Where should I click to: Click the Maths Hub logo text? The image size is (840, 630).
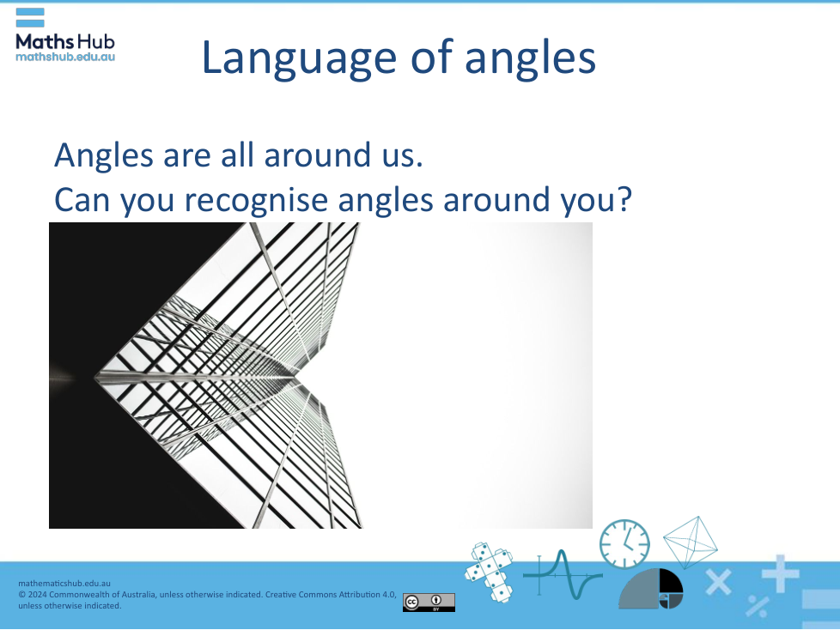[x=64, y=41]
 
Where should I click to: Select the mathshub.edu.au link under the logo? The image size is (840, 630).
[x=64, y=57]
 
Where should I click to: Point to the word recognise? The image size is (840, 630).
[x=255, y=200]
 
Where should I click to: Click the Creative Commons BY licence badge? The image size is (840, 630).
[x=429, y=603]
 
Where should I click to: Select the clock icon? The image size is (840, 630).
[x=624, y=543]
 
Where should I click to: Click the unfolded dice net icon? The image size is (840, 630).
[x=489, y=572]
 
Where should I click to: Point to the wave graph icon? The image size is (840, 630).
[x=563, y=575]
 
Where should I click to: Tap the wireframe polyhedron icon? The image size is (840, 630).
[x=690, y=542]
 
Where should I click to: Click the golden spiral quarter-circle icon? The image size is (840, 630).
[x=651, y=589]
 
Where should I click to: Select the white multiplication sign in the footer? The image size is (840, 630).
[x=718, y=582]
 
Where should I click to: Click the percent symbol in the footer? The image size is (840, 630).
[x=758, y=606]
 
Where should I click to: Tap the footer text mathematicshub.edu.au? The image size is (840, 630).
[x=64, y=584]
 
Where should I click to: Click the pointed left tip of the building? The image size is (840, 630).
[x=94, y=378]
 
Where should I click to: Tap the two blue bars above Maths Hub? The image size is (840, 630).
[x=30, y=18]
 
